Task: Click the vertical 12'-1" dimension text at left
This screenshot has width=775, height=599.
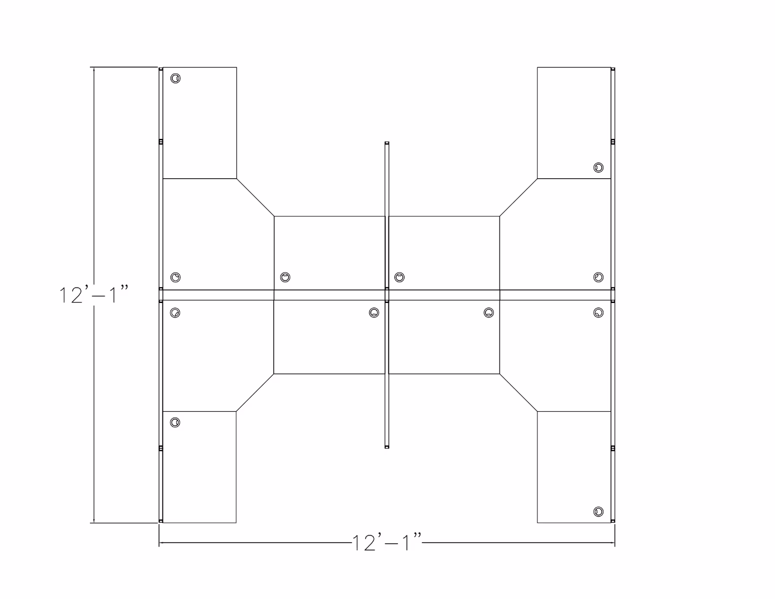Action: pyautogui.click(x=94, y=295)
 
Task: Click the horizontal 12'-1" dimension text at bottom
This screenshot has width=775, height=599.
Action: pyautogui.click(x=387, y=543)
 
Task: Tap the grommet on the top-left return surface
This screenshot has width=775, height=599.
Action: pyautogui.click(x=175, y=78)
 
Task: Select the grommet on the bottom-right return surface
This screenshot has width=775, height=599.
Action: pyautogui.click(x=598, y=512)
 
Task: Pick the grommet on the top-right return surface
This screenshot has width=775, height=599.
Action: pyautogui.click(x=598, y=167)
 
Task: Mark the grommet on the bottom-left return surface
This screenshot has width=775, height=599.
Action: pyautogui.click(x=175, y=423)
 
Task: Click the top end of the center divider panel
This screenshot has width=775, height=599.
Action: pyautogui.click(x=387, y=144)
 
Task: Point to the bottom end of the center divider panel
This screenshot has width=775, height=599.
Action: pyautogui.click(x=387, y=447)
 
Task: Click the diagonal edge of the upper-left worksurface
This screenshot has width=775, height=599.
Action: pyautogui.click(x=255, y=197)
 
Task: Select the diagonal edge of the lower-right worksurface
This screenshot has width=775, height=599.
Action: pyautogui.click(x=518, y=392)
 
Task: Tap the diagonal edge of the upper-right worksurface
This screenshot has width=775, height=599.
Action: pyautogui.click(x=518, y=197)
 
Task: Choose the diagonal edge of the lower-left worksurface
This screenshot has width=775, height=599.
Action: pyautogui.click(x=255, y=392)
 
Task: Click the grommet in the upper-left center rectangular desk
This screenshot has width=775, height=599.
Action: pyautogui.click(x=285, y=277)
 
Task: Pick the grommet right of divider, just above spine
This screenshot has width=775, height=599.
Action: pyautogui.click(x=399, y=277)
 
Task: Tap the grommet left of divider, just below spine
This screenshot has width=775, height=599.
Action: pyautogui.click(x=374, y=312)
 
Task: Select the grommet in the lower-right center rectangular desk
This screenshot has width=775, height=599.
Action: pyautogui.click(x=489, y=312)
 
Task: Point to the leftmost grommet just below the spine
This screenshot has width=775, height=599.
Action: pyautogui.click(x=175, y=312)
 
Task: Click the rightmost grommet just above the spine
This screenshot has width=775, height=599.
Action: pyautogui.click(x=598, y=277)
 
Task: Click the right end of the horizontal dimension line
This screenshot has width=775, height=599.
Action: pyautogui.click(x=614, y=543)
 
